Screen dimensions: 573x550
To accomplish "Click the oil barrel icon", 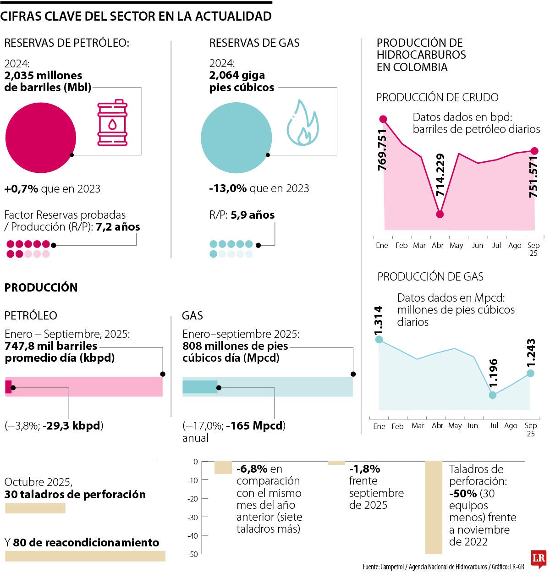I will [x=112, y=123].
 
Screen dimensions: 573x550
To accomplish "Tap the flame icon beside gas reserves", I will [x=302, y=123].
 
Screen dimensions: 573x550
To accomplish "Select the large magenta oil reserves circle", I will [x=40, y=138].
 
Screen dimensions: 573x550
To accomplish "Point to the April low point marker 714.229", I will [x=440, y=214].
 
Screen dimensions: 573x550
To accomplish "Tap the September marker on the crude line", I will [x=534, y=151].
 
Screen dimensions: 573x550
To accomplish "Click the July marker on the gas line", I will [x=493, y=395].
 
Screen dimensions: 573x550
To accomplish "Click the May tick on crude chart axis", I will [x=456, y=246].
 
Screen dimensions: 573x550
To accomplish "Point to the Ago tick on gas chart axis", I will [x=511, y=426].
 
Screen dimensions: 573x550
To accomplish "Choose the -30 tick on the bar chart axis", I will [x=192, y=517].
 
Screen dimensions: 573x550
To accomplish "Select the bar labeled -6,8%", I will [x=223, y=468].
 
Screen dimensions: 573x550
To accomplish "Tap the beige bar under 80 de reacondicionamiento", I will [x=85, y=556].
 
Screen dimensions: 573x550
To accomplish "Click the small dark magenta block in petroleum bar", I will [x=8, y=387].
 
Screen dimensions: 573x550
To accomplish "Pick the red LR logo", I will [x=539, y=559].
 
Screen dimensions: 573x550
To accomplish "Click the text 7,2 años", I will [x=118, y=227].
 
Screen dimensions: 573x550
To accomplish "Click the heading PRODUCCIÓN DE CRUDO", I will [x=437, y=98].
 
